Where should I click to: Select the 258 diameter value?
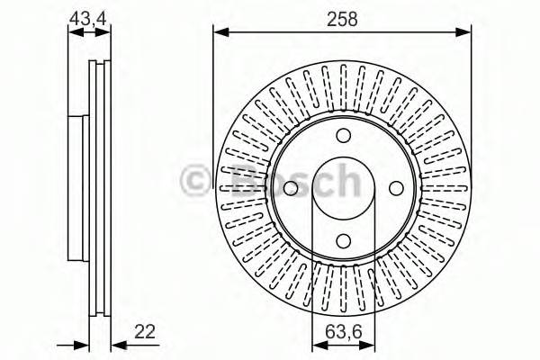click(343, 17)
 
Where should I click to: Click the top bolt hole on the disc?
click(343, 136)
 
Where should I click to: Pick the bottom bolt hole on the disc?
click(343, 240)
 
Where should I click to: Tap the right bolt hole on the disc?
click(395, 188)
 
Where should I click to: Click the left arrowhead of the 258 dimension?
click(219, 33)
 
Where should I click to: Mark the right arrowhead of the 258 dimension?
click(466, 33)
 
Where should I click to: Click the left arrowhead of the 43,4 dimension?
click(74, 33)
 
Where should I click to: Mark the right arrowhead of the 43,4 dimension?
click(109, 33)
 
